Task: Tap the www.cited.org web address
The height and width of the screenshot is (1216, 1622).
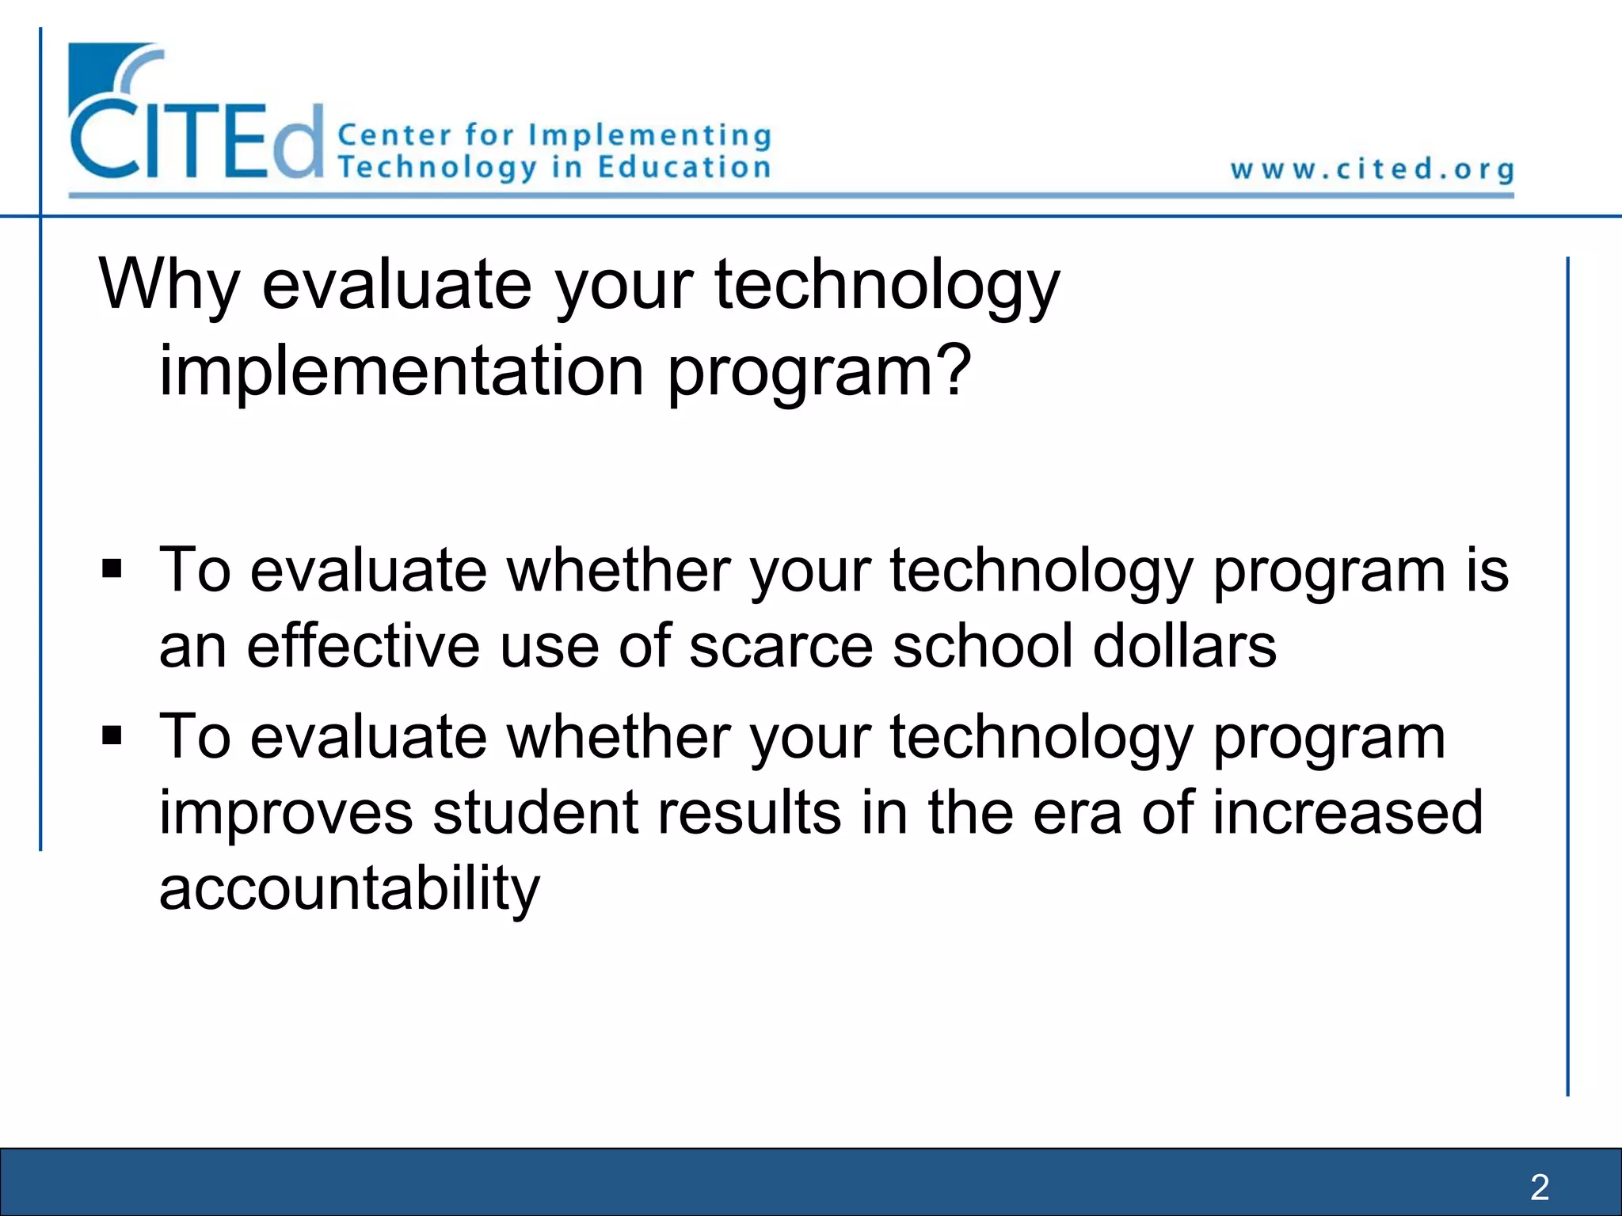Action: coord(1372,169)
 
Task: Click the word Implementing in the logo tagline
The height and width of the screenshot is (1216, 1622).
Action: coord(649,135)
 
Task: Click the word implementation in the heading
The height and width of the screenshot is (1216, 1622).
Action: coord(402,371)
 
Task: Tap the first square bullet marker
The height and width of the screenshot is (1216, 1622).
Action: coord(112,569)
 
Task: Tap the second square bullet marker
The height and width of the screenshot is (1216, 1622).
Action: coord(112,736)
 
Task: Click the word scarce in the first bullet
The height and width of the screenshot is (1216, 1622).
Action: coord(780,646)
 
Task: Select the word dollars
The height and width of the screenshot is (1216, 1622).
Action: coord(1184,646)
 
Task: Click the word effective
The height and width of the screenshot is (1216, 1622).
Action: coord(363,646)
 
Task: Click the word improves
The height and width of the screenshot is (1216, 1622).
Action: coord(286,813)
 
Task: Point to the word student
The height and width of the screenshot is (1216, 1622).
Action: coord(535,813)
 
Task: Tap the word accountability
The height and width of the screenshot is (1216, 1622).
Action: coord(349,889)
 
